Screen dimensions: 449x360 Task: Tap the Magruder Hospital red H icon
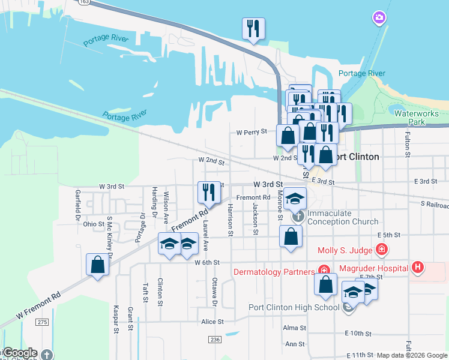(418, 268)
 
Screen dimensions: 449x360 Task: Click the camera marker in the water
(379, 18)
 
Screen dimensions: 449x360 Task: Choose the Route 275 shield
(41, 322)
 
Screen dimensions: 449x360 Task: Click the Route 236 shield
(215, 340)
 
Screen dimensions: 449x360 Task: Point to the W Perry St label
(251, 131)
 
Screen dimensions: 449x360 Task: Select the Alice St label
(212, 322)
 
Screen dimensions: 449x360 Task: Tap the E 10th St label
(358, 333)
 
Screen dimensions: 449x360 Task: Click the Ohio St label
(94, 224)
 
